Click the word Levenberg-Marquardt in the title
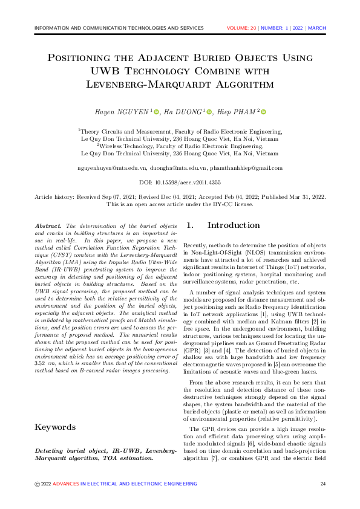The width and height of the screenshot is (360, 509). tap(135, 84)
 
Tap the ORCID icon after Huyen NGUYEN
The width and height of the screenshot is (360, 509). tap(155, 112)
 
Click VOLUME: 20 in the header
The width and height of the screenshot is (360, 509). tap(241, 28)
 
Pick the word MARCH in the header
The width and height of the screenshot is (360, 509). tap(317, 28)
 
